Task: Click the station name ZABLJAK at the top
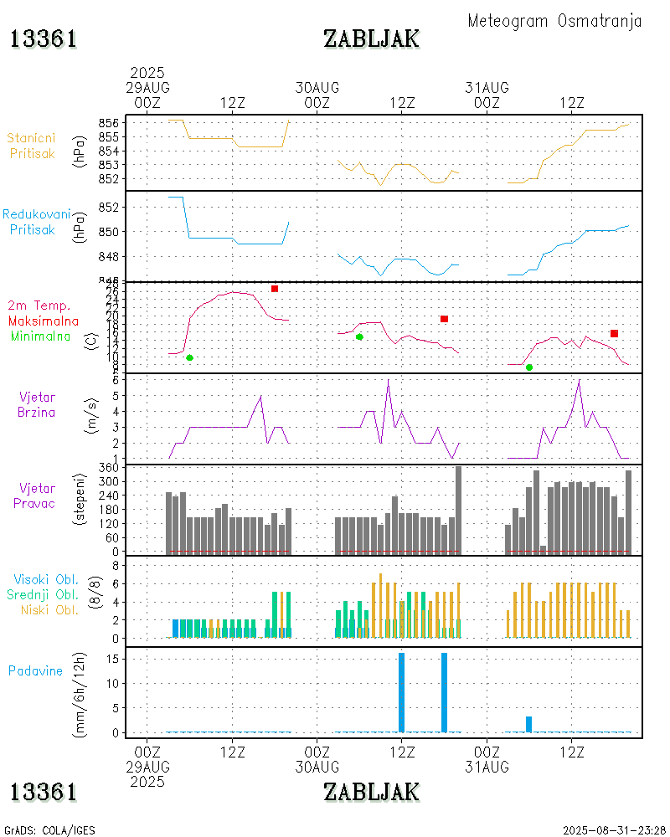[x=372, y=39]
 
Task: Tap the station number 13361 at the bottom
[x=44, y=792]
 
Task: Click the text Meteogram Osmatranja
[x=554, y=21]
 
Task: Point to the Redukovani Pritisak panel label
[x=36, y=222]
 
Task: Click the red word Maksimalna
[x=44, y=321]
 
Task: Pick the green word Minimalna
[x=41, y=336]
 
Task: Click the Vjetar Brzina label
[x=38, y=404]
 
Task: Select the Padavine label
[x=35, y=670]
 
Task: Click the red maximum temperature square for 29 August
[x=275, y=289]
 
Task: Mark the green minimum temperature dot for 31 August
[x=529, y=367]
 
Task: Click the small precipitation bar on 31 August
[x=529, y=724]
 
